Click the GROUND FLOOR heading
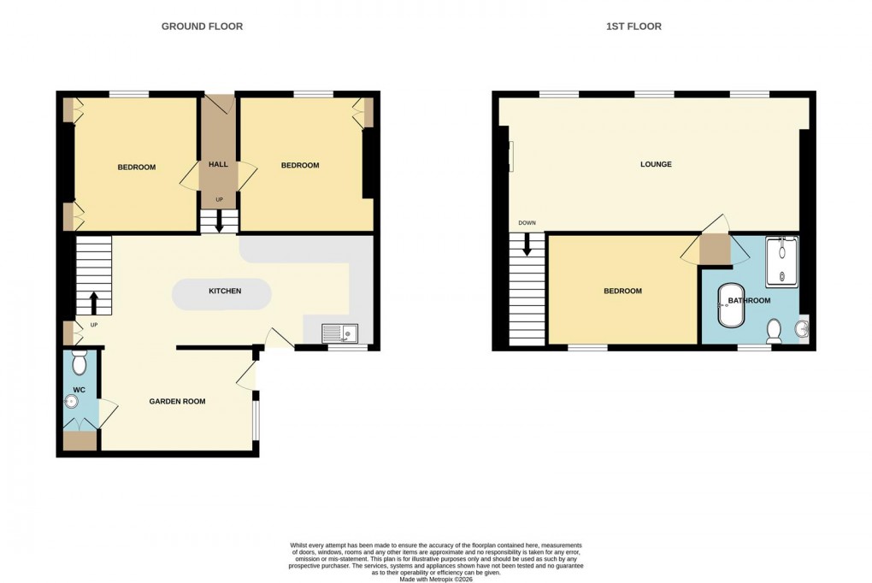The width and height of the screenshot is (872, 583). (x=202, y=26)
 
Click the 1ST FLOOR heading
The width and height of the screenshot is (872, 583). (x=633, y=26)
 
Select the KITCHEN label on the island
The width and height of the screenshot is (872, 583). (x=225, y=291)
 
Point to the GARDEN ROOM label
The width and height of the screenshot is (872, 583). (x=177, y=401)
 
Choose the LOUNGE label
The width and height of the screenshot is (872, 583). (x=656, y=164)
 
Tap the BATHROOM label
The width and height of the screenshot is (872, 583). (x=749, y=301)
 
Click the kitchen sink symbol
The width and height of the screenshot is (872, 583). (x=340, y=333)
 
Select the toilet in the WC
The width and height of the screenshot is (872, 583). (x=79, y=363)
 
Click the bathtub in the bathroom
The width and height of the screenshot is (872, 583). (x=730, y=306)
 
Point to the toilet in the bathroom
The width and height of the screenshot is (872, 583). (x=775, y=330)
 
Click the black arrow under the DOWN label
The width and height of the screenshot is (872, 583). (x=526, y=244)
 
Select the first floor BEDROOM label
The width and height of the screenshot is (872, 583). (x=622, y=291)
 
